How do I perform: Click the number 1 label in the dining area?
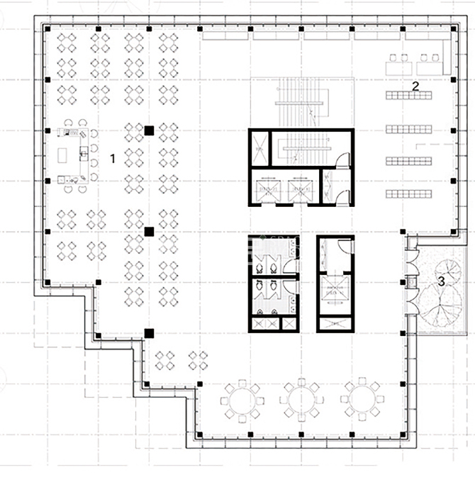coord(113,159)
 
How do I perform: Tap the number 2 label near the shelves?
coord(415,86)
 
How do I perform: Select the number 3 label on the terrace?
coord(441,281)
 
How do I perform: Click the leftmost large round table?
coord(242,401)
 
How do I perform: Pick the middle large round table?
coord(301,400)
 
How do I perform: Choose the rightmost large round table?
coord(362,399)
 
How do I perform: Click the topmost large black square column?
coord(149,130)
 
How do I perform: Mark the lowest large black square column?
coord(149,333)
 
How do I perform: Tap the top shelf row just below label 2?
coord(409,95)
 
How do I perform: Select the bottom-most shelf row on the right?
coord(409,194)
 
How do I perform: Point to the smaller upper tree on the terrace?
coord(448,271)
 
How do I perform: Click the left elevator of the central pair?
coord(269,191)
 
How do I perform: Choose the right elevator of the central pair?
coord(300,191)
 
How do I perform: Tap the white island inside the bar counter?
coord(62,155)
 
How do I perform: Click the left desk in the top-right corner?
coord(398,68)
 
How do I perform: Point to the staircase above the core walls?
coord(302,102)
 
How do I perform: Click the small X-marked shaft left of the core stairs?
coord(260,149)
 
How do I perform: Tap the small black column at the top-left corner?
coord(47,29)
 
